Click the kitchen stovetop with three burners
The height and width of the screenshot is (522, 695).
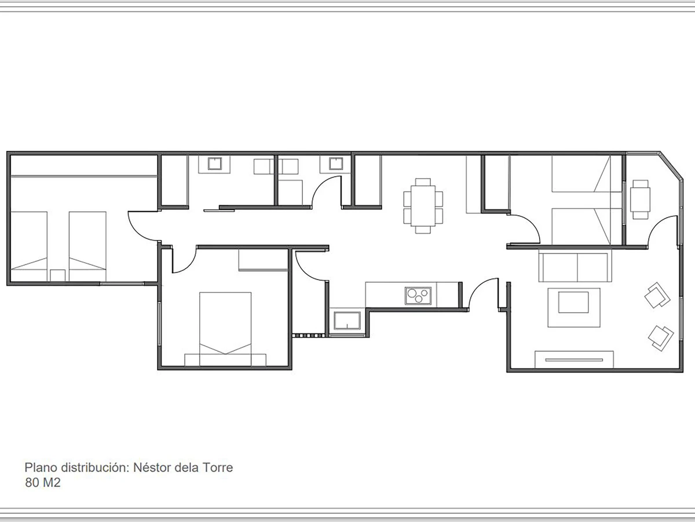pos(418,296)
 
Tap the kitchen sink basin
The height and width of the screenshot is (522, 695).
pos(347,320)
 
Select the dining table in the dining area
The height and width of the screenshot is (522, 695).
pos(423,206)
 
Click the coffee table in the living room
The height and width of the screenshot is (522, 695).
pos(574,307)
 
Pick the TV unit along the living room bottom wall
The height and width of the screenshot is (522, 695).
pos(574,360)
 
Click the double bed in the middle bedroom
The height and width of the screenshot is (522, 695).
pos(225,329)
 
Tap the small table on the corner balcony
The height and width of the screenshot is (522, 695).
pos(640,200)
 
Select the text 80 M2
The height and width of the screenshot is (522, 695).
pos(43,483)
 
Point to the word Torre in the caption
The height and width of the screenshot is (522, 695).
pos(218,467)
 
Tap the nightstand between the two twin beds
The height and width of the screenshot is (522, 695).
pos(57,275)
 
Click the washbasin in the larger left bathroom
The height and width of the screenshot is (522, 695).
pos(215,164)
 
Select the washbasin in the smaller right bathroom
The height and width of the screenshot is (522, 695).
pos(335,164)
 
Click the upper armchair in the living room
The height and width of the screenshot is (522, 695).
pos(657,295)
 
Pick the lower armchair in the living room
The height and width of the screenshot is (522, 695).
pos(660,338)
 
